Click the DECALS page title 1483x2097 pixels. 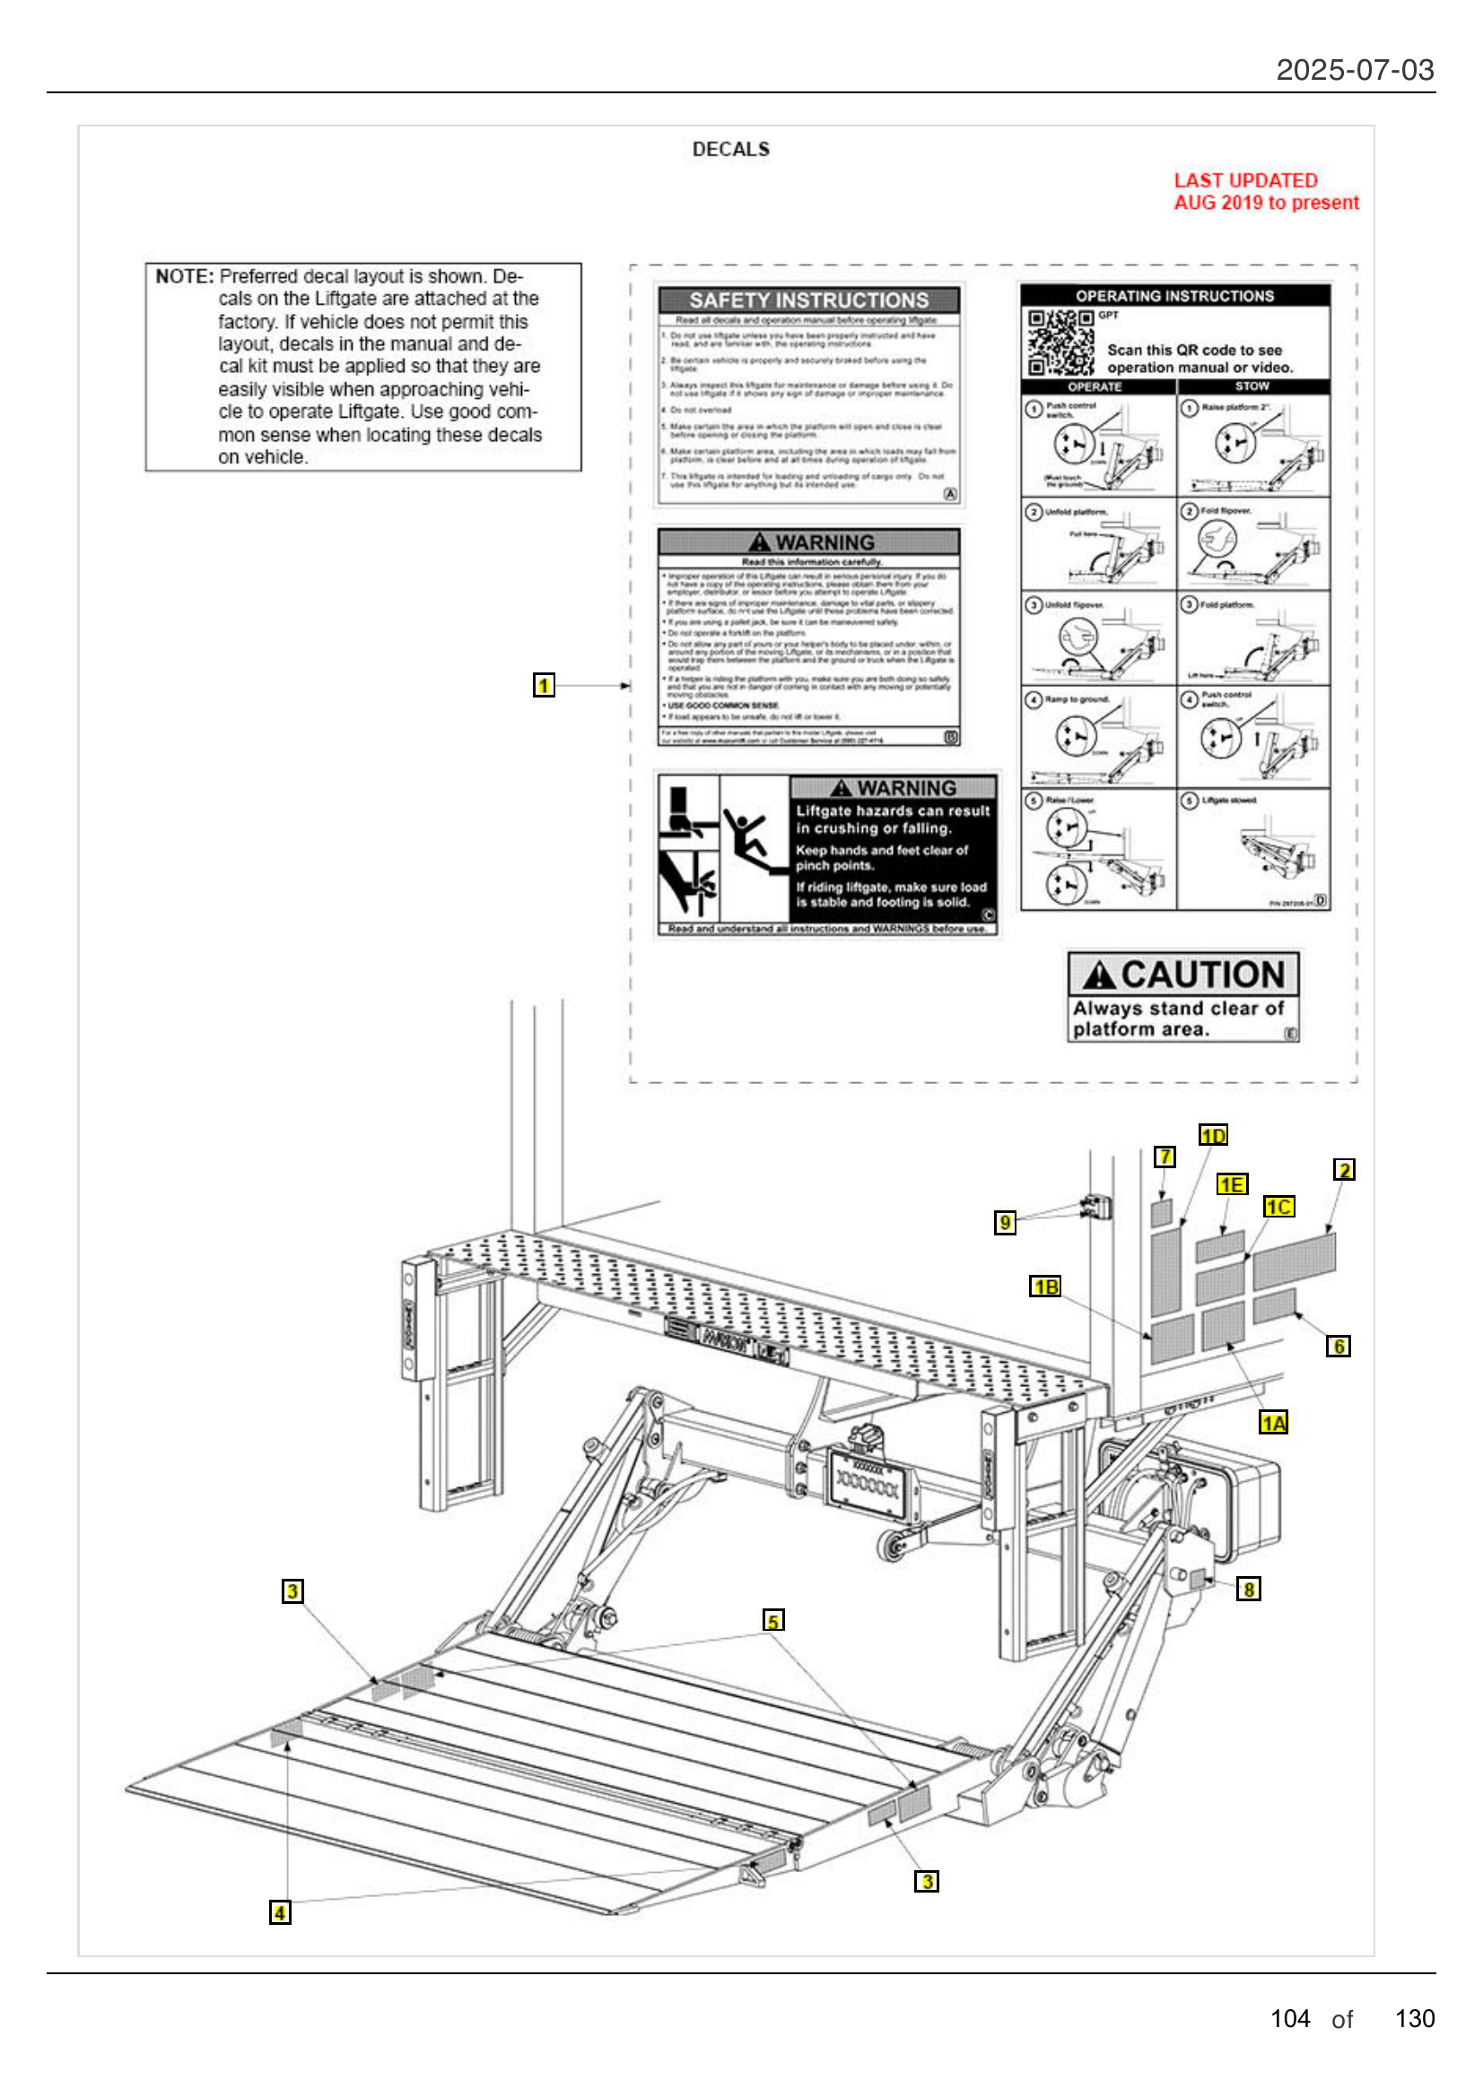click(730, 149)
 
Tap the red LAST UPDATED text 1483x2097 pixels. click(1244, 181)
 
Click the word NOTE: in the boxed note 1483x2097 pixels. click(184, 277)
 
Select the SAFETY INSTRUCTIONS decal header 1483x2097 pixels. click(807, 300)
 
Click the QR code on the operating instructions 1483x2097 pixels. click(1060, 342)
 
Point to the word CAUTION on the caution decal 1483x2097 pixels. click(1201, 975)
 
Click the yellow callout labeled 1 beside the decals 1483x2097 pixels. click(544, 685)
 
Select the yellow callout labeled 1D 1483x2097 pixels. click(1213, 1134)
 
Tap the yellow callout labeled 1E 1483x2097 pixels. click(1231, 1184)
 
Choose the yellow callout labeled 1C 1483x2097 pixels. click(1278, 1207)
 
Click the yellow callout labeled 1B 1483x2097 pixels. click(1044, 1286)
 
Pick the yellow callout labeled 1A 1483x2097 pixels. click(1273, 1422)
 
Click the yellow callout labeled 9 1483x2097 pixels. click(1004, 1222)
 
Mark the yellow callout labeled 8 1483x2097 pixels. click(1247, 1589)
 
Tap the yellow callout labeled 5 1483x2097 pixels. click(773, 1620)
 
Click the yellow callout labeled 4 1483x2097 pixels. click(280, 1911)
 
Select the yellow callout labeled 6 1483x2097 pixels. click(1338, 1346)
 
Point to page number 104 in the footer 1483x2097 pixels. click(1289, 2018)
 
